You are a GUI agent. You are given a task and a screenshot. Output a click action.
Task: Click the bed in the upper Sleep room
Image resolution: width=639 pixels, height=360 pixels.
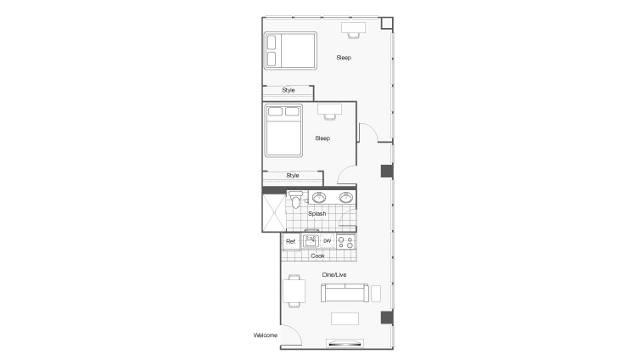coord(289,51)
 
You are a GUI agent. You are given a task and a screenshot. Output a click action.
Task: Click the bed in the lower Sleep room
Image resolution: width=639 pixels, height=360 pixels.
coord(284,130)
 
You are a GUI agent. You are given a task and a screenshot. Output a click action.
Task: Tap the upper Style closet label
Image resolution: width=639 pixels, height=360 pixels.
coord(289,89)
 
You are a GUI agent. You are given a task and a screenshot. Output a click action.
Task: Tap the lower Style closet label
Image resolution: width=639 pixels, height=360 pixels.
coord(293,176)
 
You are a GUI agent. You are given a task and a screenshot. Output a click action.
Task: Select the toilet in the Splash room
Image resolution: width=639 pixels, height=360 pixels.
coord(295,200)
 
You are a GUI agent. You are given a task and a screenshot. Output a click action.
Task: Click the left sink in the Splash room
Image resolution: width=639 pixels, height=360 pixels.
coord(319,198)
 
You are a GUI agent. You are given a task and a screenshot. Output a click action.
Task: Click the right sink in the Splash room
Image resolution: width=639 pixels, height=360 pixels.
coord(345,198)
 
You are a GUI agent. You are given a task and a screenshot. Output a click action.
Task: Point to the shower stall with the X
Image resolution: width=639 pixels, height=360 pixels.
coord(274,212)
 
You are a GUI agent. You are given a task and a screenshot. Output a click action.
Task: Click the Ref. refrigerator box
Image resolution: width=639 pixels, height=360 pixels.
coord(291,242)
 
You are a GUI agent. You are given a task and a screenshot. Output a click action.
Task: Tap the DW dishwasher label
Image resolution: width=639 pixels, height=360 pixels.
coord(327,242)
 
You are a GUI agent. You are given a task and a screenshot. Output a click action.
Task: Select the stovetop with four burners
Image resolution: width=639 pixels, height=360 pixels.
coord(345,242)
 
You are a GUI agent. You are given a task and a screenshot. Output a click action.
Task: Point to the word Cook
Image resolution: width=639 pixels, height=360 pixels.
coord(317,256)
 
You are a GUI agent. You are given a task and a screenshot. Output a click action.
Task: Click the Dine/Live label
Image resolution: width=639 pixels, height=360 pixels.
coord(334,274)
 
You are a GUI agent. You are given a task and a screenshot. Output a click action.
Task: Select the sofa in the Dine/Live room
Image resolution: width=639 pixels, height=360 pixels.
coord(344,294)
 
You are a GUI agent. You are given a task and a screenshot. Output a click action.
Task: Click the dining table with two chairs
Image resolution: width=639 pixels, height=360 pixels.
coord(294,291)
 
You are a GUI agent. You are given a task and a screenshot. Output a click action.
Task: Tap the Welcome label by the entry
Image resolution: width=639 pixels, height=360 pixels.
coord(266,335)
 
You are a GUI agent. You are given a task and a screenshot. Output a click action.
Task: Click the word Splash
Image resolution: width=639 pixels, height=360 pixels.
coord(317,214)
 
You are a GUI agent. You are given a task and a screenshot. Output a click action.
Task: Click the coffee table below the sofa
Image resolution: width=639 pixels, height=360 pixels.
coord(345,318)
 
